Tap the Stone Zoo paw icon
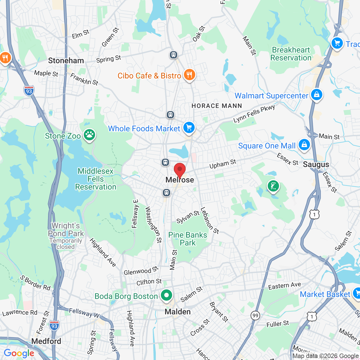click(x=89, y=135)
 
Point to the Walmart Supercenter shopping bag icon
click(x=316, y=95)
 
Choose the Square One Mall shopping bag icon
click(x=304, y=145)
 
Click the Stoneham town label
click(x=66, y=60)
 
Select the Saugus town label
click(x=316, y=165)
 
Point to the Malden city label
click(x=177, y=312)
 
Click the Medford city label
click(x=46, y=341)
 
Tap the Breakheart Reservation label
click(x=291, y=54)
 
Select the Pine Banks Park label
click(x=188, y=239)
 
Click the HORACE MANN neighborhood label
click(x=217, y=106)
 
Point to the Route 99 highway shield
click(x=255, y=315)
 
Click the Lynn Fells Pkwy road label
click(x=254, y=113)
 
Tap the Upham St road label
click(x=223, y=164)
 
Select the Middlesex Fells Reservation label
click(x=96, y=179)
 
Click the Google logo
click(x=19, y=353)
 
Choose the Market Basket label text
click(x=325, y=294)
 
